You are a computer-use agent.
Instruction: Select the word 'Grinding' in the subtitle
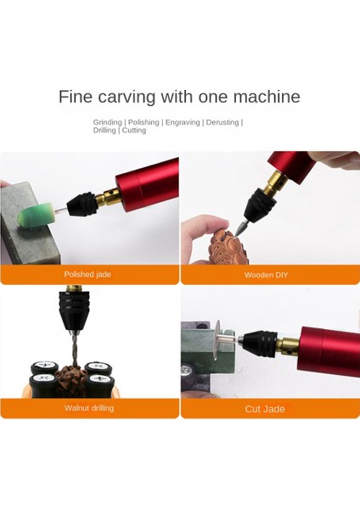[x=109, y=122]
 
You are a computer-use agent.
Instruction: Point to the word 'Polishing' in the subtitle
[x=143, y=122]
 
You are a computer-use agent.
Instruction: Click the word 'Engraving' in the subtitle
[x=183, y=122]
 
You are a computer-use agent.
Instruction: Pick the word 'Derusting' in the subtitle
[x=222, y=122]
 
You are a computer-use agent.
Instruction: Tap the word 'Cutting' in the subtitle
[x=133, y=131]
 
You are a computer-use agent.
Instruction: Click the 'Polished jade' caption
[x=87, y=275]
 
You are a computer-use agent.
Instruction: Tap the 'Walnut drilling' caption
[x=89, y=408]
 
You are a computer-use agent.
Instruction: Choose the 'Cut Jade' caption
[x=265, y=409]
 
